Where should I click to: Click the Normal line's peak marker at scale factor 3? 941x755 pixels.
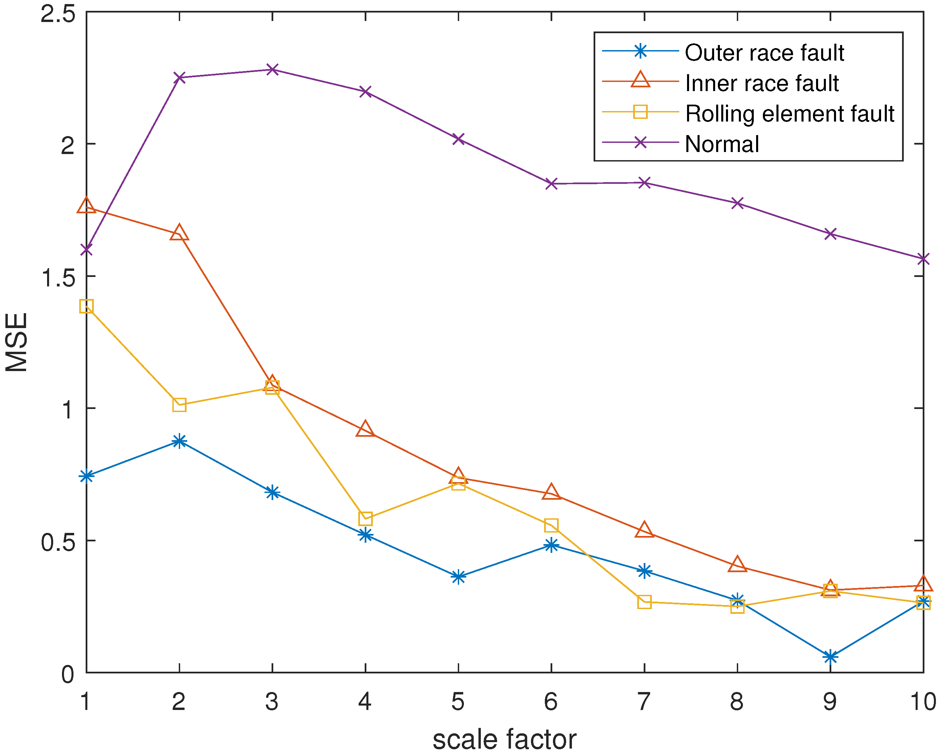click(x=272, y=69)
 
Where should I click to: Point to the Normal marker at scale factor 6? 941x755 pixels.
click(x=552, y=184)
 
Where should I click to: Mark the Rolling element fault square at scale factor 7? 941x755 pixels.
click(x=644, y=602)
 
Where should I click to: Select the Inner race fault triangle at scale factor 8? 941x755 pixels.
click(x=737, y=565)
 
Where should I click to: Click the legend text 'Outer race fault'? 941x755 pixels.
click(x=764, y=53)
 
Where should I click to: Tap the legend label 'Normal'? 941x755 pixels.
click(x=722, y=144)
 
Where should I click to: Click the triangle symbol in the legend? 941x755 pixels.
click(x=640, y=80)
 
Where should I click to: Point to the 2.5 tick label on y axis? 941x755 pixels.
click(x=58, y=14)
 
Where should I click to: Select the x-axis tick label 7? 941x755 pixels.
click(x=644, y=701)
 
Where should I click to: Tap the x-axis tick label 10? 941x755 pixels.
click(x=923, y=701)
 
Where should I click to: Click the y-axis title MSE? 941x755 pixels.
click(x=17, y=343)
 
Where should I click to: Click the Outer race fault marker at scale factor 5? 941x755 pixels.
click(x=458, y=577)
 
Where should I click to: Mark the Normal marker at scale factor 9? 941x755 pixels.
click(x=830, y=234)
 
